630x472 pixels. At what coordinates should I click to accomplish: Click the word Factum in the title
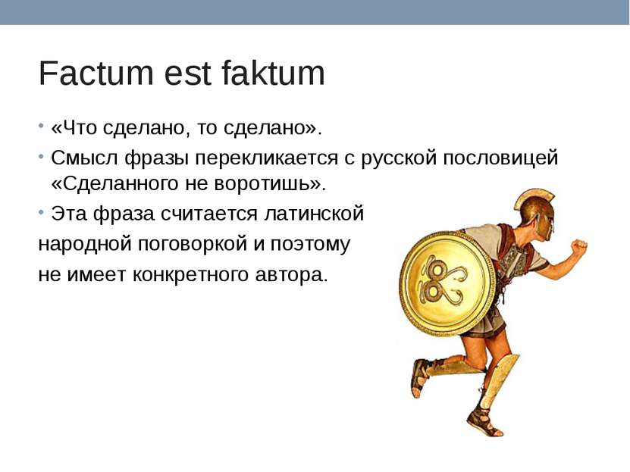click(96, 73)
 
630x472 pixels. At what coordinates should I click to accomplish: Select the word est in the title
click(187, 74)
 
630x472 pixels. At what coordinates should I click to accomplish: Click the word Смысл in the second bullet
click(84, 158)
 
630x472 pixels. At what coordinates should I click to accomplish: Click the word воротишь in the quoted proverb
click(262, 184)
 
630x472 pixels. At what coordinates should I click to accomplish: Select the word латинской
click(314, 214)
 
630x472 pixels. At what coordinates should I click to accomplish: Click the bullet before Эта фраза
click(41, 211)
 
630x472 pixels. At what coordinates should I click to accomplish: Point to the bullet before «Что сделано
click(41, 126)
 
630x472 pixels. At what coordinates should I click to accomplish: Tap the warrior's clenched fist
click(578, 246)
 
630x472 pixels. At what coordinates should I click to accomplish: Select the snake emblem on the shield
click(440, 282)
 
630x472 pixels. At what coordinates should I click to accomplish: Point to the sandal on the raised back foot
click(421, 377)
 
